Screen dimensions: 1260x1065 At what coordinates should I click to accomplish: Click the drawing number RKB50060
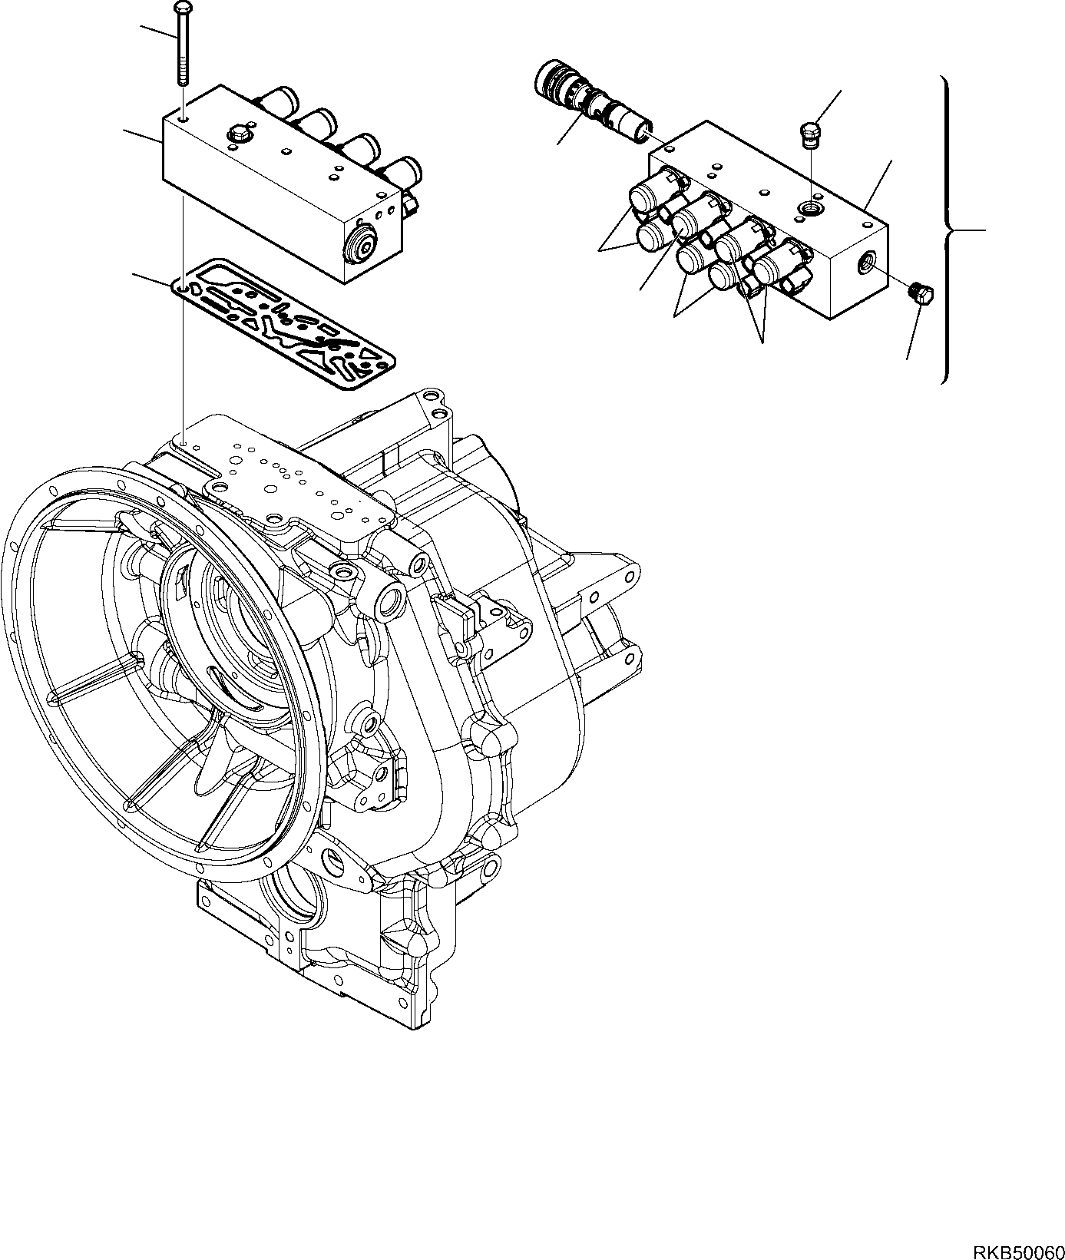coord(1017,1247)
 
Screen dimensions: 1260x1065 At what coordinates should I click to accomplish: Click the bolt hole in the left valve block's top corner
coord(184,120)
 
